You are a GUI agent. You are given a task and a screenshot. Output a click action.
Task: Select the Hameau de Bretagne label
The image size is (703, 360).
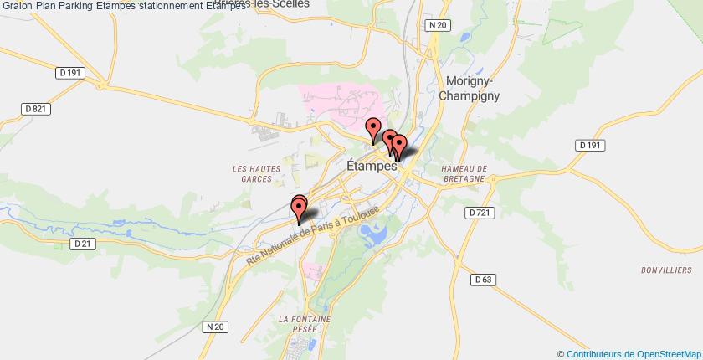[x=459, y=172]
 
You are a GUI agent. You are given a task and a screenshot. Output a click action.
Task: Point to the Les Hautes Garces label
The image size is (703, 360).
[x=252, y=172]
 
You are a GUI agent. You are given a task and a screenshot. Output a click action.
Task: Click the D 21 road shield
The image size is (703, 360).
[x=81, y=244]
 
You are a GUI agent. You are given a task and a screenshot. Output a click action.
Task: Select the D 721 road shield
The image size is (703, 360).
[x=479, y=213]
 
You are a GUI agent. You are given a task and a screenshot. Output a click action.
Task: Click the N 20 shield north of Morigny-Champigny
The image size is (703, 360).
[x=434, y=26]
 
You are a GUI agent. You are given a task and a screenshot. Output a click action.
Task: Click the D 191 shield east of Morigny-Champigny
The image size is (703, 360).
[x=591, y=145]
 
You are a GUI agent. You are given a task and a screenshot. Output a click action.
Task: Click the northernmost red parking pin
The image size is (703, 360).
[x=374, y=130]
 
